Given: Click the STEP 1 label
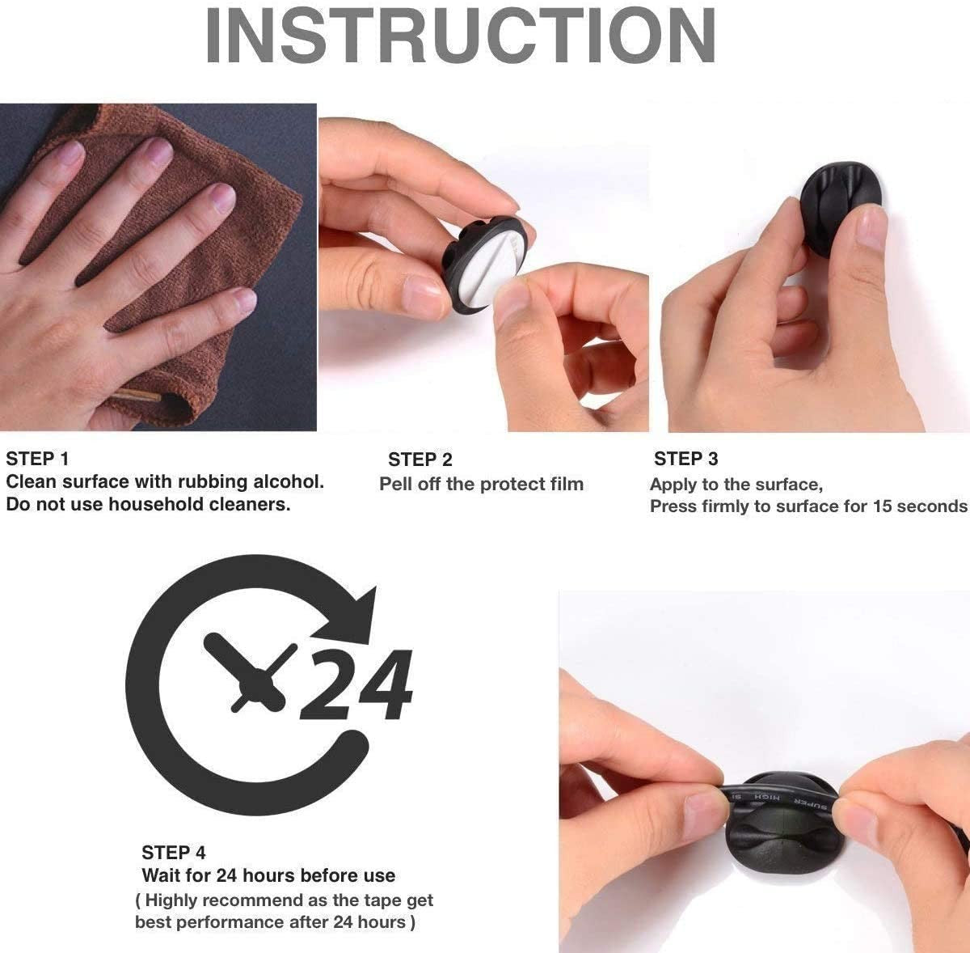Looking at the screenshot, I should [x=37, y=460].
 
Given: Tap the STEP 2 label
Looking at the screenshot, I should [x=420, y=460].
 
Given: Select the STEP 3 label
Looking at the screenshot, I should [x=685, y=460].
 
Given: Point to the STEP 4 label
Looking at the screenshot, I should [x=173, y=853].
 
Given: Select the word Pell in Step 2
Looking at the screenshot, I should [x=397, y=485].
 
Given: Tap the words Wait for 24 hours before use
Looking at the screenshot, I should [x=268, y=875].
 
